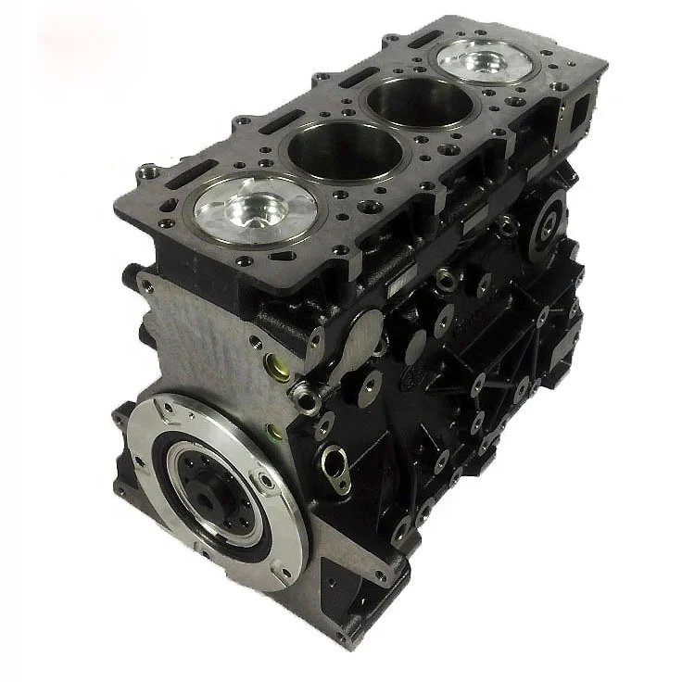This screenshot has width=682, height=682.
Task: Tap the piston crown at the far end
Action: pos(486,61)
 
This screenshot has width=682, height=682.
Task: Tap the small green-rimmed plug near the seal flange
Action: pos(274,431)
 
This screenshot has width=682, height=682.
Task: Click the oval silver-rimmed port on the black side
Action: pos(335,461)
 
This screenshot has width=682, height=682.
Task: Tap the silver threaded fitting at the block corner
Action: pos(304,398)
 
